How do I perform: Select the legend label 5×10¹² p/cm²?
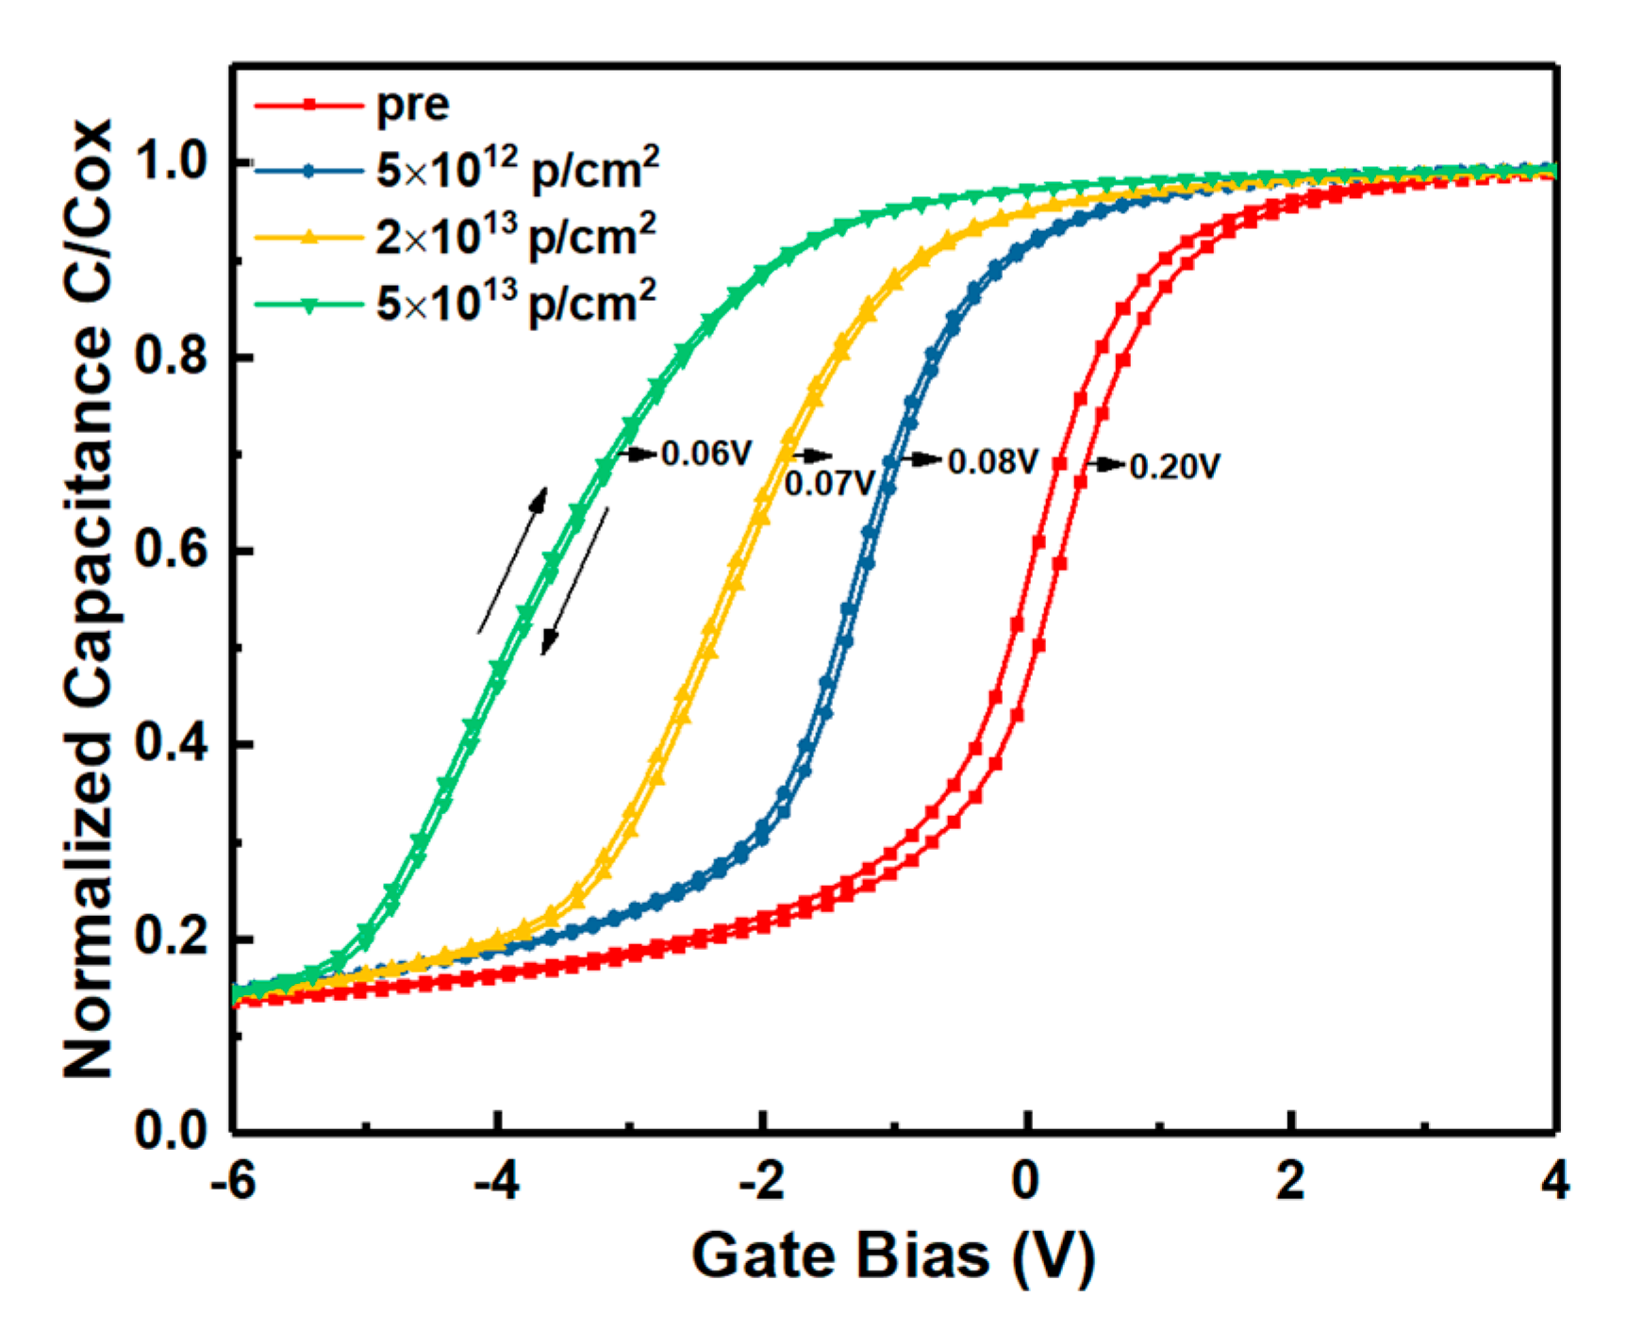[x=517, y=170]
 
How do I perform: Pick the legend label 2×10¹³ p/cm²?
[x=515, y=237]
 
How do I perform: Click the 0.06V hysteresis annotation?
[x=706, y=455]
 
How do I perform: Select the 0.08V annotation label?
[x=992, y=462]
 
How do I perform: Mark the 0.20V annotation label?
[x=1174, y=467]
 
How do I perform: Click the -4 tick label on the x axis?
[x=497, y=1181]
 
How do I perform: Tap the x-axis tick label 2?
[x=1291, y=1181]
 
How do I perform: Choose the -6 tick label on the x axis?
[x=233, y=1181]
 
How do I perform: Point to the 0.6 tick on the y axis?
[x=171, y=551]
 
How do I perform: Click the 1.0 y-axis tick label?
[x=171, y=163]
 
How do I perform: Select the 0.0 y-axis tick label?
[x=171, y=1131]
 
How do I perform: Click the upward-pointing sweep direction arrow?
[x=512, y=560]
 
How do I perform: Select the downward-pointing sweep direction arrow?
[x=574, y=581]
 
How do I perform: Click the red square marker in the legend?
[x=308, y=105]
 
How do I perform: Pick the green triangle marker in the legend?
[x=308, y=304]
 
